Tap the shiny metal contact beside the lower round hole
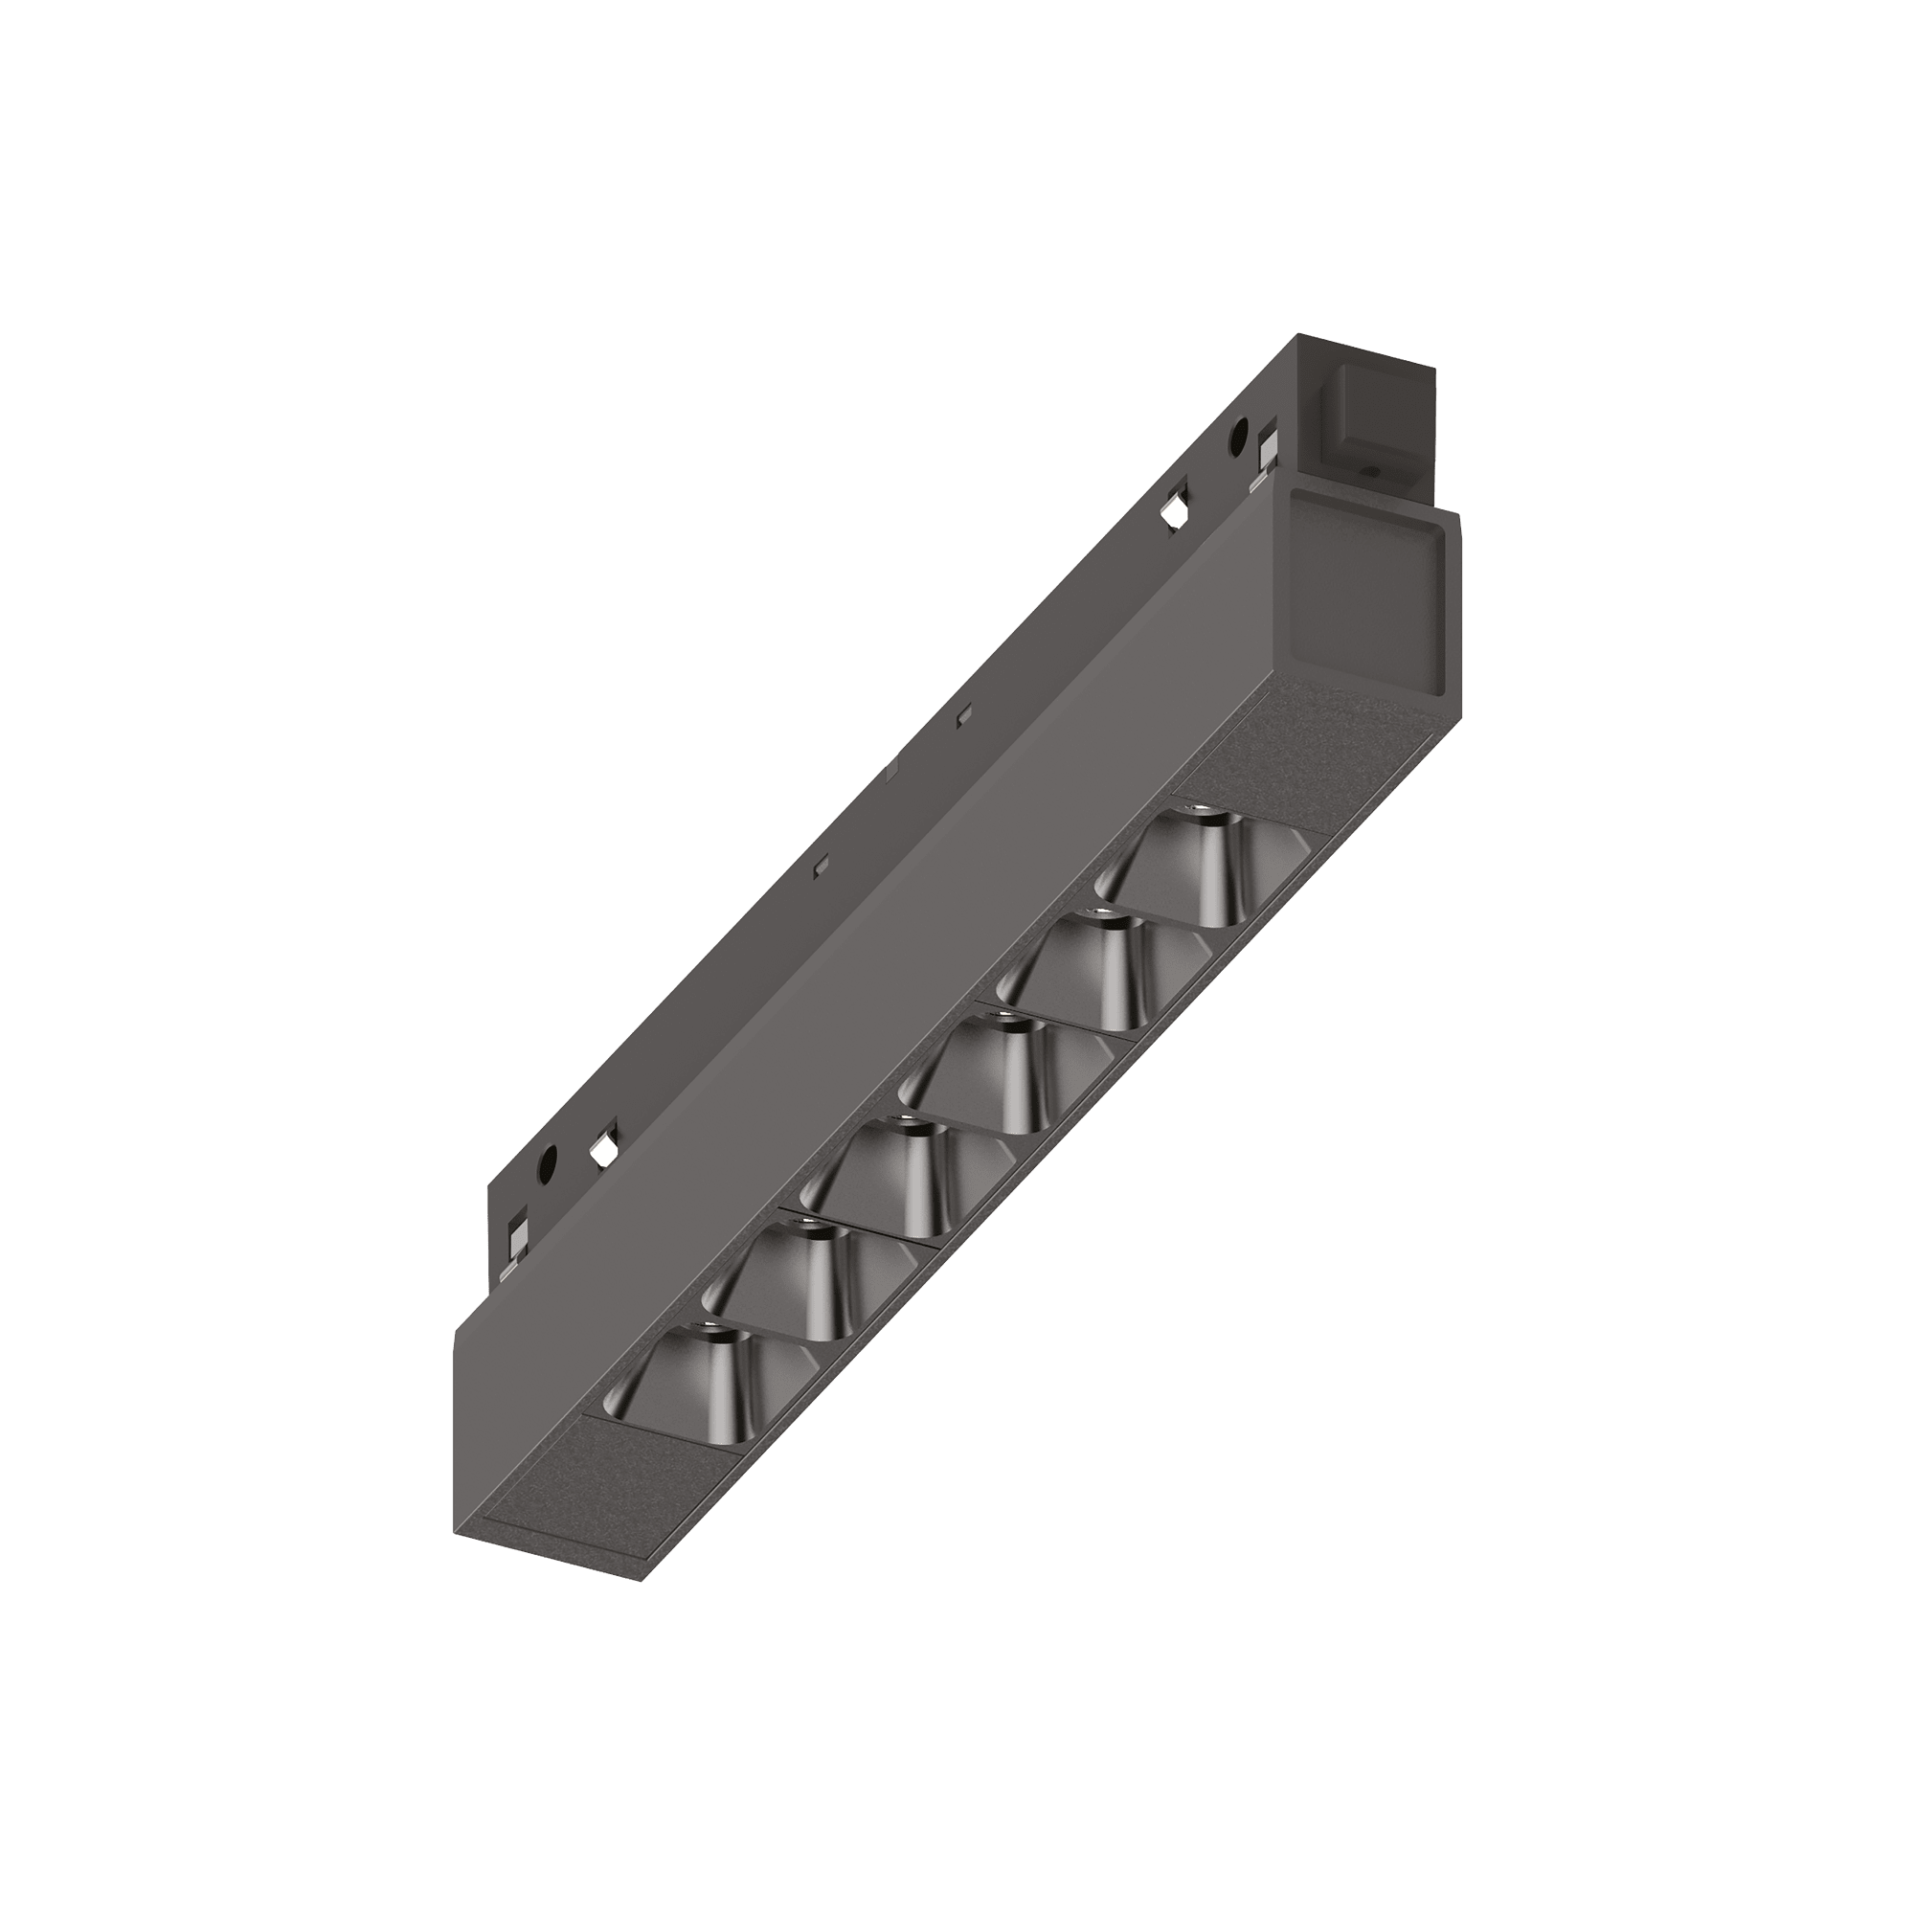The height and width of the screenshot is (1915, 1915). pyautogui.click(x=599, y=1151)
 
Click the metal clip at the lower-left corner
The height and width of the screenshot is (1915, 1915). pyautogui.click(x=517, y=1235)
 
